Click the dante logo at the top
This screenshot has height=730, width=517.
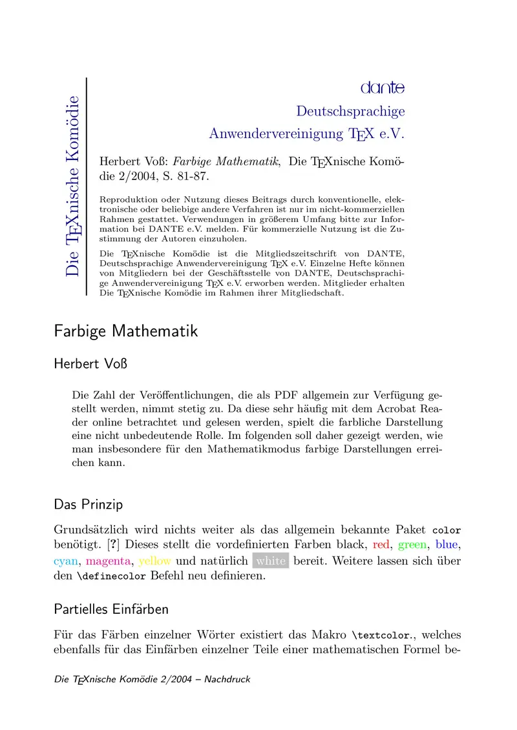pos(383,87)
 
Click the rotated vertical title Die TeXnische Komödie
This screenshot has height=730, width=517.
pos(72,186)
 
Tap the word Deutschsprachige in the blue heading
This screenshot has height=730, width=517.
pos(350,111)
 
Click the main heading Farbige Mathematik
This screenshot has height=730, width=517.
pos(126,332)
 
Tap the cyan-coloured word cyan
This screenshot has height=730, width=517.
pos(67,561)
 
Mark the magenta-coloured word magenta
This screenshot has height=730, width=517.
pos(109,561)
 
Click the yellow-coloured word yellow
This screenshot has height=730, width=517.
pos(155,561)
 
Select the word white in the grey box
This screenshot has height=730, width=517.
pos(270,561)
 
